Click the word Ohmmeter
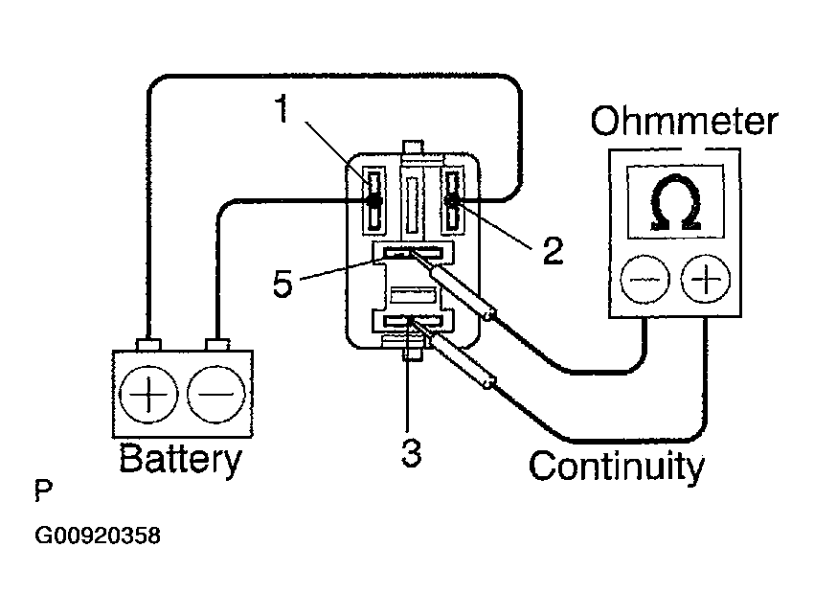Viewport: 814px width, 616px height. (684, 122)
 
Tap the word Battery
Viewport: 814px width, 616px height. (181, 459)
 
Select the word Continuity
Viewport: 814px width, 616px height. (617, 467)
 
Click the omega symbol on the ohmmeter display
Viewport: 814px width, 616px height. (675, 202)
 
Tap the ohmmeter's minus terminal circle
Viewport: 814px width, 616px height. (644, 280)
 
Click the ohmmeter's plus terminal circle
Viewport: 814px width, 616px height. (706, 280)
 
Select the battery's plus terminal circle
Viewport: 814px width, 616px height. (148, 394)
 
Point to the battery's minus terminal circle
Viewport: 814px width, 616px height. (216, 394)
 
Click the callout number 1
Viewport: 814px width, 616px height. (282, 108)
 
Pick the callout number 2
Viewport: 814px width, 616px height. (553, 250)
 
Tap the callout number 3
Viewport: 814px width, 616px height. (411, 452)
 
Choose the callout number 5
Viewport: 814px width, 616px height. (283, 285)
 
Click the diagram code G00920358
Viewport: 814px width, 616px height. (98, 536)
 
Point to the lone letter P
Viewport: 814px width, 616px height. (44, 491)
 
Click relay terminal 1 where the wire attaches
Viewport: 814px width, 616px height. (373, 200)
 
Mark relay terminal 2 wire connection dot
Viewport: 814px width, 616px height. (452, 200)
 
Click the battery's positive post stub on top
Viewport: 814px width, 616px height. (148, 345)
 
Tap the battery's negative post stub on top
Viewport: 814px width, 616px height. (217, 345)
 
